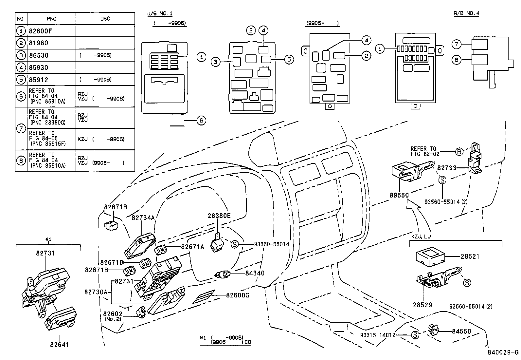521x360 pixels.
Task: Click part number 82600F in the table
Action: pos(41,31)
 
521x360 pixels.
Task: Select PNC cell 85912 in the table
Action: pos(38,80)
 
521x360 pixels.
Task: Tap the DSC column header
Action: pos(105,19)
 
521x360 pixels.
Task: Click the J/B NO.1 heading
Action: pos(160,13)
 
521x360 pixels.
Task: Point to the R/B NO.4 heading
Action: pos(466,13)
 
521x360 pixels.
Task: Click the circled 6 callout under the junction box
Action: pos(201,121)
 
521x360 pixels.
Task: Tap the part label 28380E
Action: pos(219,216)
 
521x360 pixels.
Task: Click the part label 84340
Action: pos(254,273)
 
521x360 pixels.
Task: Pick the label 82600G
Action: pos(238,295)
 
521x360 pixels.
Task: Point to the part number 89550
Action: pos(399,195)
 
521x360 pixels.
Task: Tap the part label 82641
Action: pos(60,345)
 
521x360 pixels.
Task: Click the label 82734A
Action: pos(143,218)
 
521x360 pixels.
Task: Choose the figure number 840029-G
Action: pos(502,352)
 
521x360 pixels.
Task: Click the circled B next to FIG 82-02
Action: pos(459,152)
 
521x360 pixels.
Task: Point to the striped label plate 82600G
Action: pos(204,297)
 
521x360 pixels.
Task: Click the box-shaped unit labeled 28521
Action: pos(429,257)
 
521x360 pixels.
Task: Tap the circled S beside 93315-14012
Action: pos(415,335)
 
